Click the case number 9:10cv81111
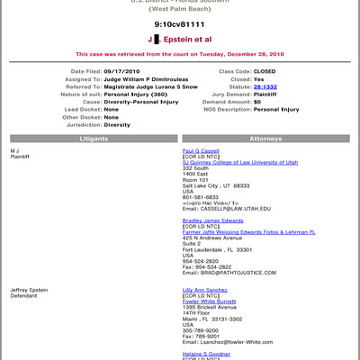pyautogui.click(x=179, y=24)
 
